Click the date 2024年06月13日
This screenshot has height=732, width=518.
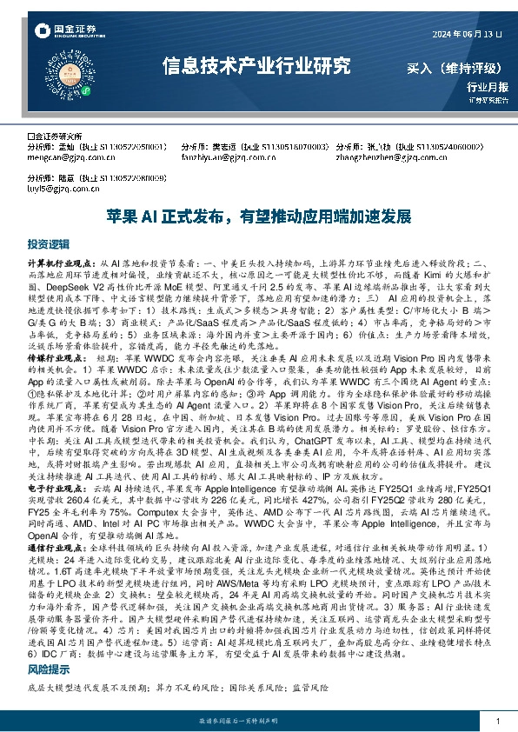pyautogui.click(x=469, y=33)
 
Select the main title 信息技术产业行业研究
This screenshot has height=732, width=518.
pyautogui.click(x=257, y=66)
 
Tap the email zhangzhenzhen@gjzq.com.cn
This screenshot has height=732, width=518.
pyautogui.click(x=382, y=158)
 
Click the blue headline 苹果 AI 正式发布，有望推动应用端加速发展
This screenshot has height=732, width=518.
pyautogui.click(x=257, y=214)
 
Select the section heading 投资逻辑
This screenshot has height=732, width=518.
pyautogui.click(x=48, y=244)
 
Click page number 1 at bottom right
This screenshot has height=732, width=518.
pyautogui.click(x=496, y=722)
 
